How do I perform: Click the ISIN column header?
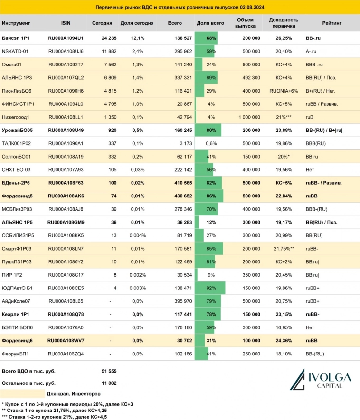point(66,23)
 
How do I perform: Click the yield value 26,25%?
point(284,38)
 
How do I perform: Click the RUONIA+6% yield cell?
point(284,91)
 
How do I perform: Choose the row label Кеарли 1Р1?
point(16,314)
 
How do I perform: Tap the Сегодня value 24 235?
point(103,38)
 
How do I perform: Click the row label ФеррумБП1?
point(16,354)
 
